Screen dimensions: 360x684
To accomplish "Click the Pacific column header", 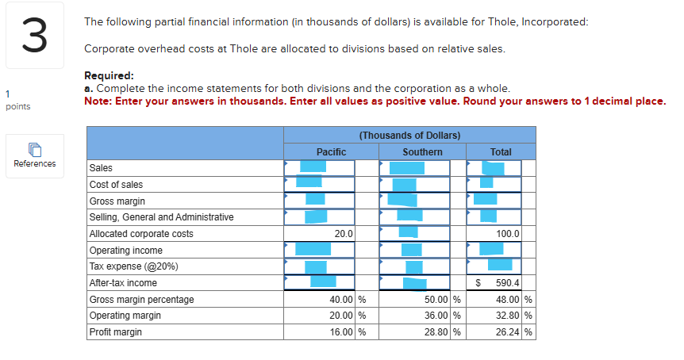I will click(331, 151).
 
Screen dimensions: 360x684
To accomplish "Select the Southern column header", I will click(422, 151).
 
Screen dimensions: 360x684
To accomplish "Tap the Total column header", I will click(501, 151).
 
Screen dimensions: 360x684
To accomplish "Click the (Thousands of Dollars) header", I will click(409, 136).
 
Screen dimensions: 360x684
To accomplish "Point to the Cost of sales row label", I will click(117, 184).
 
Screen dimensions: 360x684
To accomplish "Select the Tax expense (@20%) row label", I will click(133, 266).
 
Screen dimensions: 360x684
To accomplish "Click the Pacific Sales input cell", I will click(319, 167).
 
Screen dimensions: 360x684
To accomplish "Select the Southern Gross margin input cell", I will click(414, 201).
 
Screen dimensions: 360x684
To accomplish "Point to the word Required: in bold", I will click(109, 75).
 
